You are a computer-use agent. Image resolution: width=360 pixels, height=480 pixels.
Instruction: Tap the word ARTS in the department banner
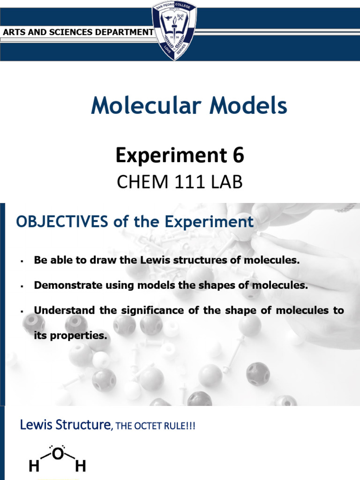14,32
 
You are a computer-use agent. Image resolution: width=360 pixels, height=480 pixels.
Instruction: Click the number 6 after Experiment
239,156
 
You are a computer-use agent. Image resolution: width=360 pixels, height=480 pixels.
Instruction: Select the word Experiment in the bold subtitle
173,156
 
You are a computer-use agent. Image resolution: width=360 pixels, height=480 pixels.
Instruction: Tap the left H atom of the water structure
34,466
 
